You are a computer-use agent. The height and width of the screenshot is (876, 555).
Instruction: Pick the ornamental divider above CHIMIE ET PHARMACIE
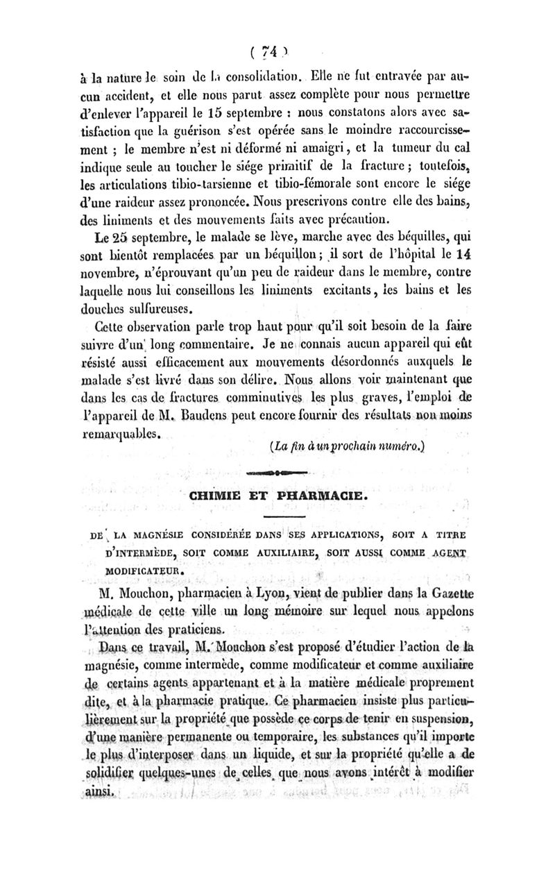(276, 472)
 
